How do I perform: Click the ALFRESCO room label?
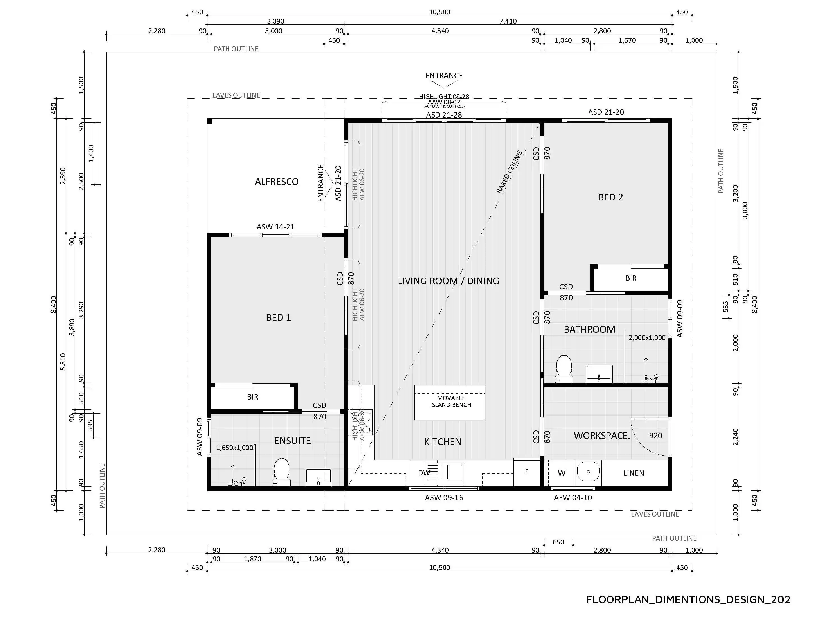[x=277, y=181]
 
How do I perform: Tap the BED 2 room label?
[x=610, y=197]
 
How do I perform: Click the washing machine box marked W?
[x=561, y=473]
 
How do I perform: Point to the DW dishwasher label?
[x=424, y=473]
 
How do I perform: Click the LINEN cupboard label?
[x=634, y=473]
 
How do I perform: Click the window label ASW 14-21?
[x=275, y=227]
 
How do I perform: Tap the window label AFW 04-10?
[x=573, y=498]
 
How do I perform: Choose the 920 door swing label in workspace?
[x=655, y=436]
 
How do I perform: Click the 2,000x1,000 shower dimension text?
[x=647, y=338]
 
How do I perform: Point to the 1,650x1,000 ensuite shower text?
[x=234, y=447]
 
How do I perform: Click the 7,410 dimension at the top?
[x=508, y=21]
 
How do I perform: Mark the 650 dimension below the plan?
[x=558, y=542]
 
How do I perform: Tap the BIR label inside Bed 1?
[x=252, y=397]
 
